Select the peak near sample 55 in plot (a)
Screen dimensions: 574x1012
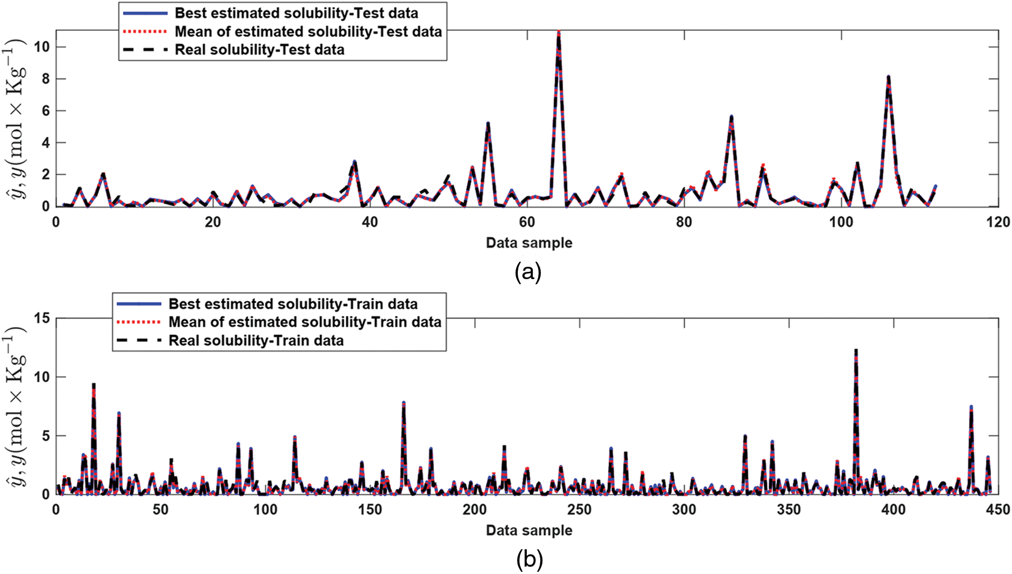[x=487, y=124]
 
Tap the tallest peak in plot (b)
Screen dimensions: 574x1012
[x=855, y=350]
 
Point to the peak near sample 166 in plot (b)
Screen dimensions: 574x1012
[x=403, y=403]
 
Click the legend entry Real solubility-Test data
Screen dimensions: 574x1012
[x=259, y=49]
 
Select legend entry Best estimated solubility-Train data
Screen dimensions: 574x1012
[x=293, y=304]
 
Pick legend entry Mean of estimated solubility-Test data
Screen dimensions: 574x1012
[x=308, y=31]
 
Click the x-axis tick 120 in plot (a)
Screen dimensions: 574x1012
[x=997, y=222]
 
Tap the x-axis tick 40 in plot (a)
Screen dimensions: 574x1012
[x=370, y=222]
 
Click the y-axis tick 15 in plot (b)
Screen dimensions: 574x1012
[x=42, y=318]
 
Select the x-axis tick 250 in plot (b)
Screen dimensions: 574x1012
[x=579, y=510]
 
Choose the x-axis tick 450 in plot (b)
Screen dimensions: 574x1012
[x=997, y=510]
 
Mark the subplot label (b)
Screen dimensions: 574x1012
[x=529, y=559]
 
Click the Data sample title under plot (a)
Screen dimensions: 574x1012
[x=529, y=243]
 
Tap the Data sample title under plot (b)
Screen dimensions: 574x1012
[x=529, y=530]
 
